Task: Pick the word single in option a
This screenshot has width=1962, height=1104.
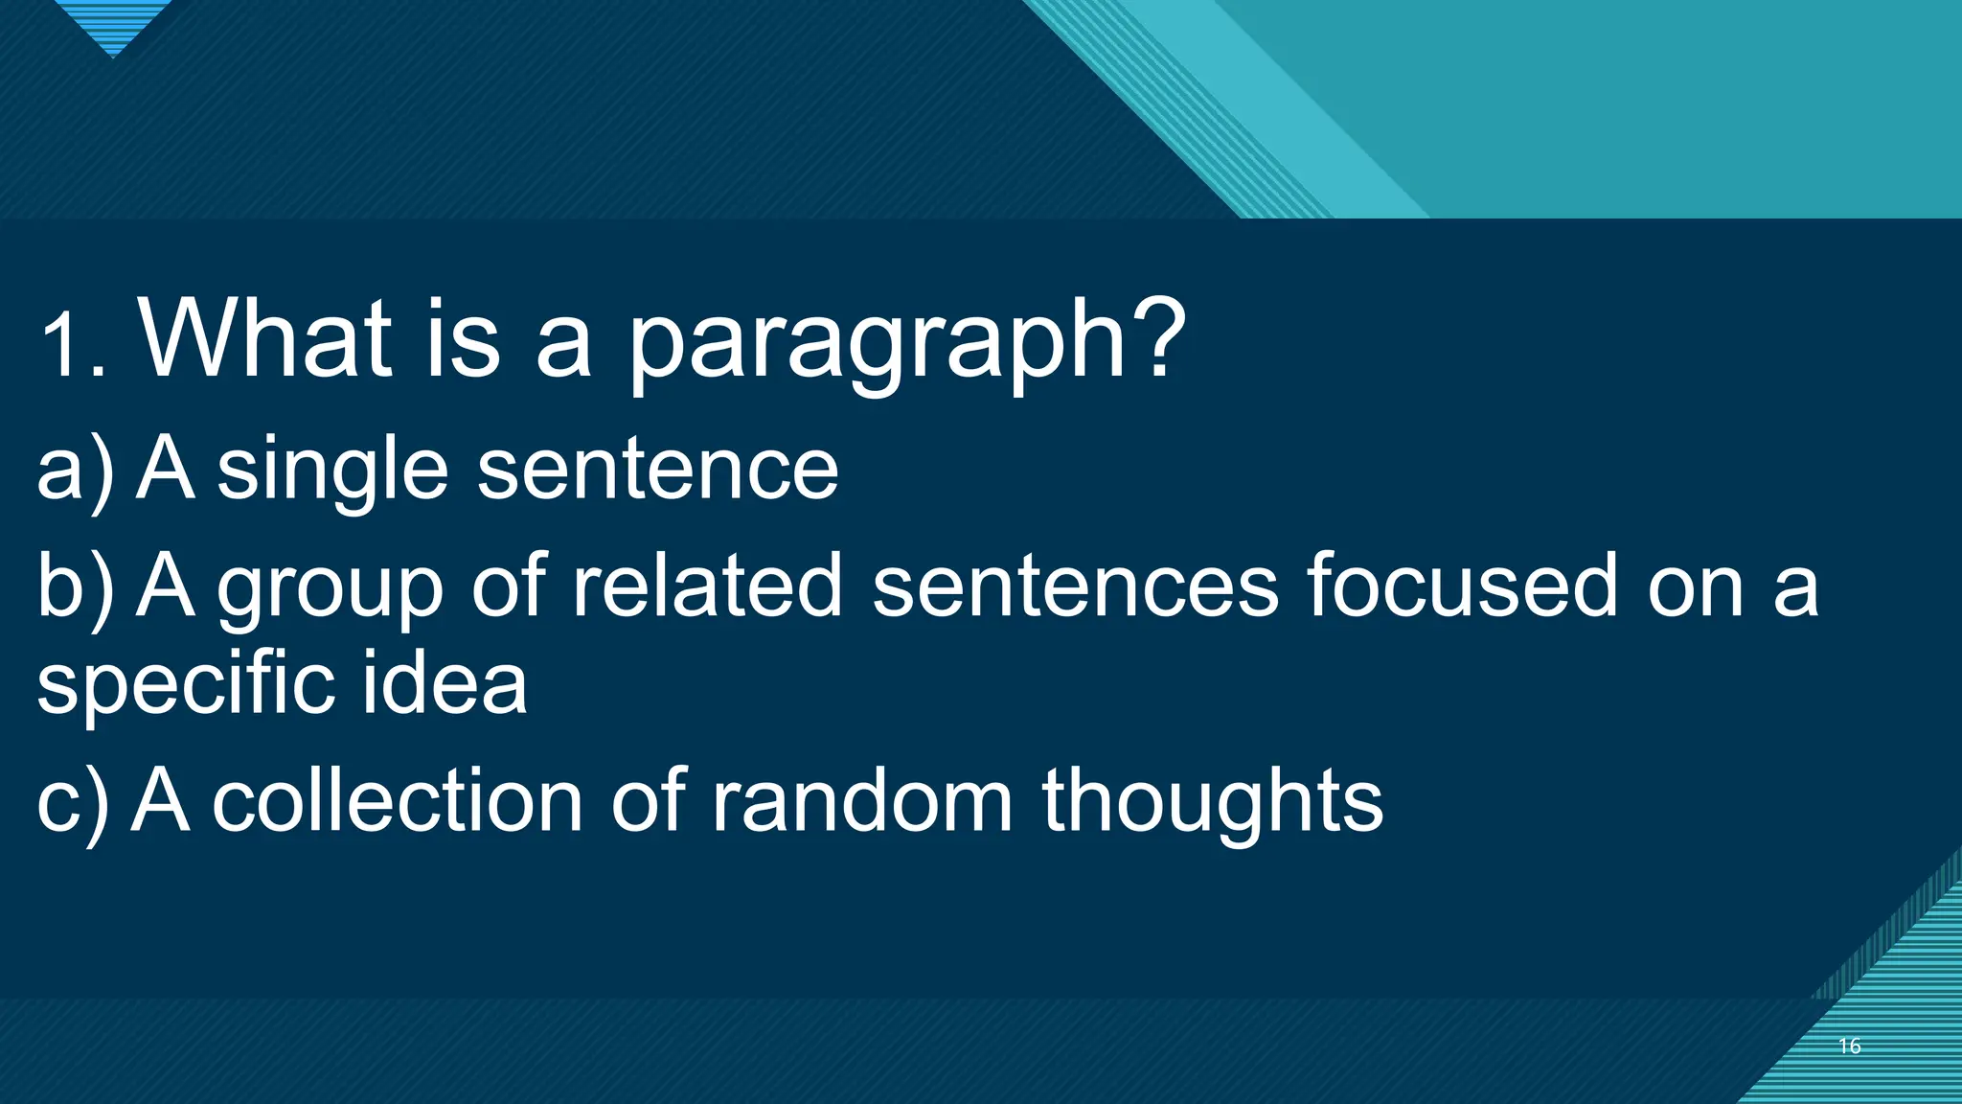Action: [332, 471]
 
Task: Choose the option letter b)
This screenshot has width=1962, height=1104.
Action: [74, 586]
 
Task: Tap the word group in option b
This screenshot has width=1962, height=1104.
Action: [330, 590]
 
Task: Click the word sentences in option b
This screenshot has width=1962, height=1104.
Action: [1074, 586]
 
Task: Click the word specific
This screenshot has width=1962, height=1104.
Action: [187, 686]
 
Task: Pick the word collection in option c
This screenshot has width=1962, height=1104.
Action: [397, 801]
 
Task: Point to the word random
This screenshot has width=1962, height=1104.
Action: [861, 801]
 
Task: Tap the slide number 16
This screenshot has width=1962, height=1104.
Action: [1849, 1046]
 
